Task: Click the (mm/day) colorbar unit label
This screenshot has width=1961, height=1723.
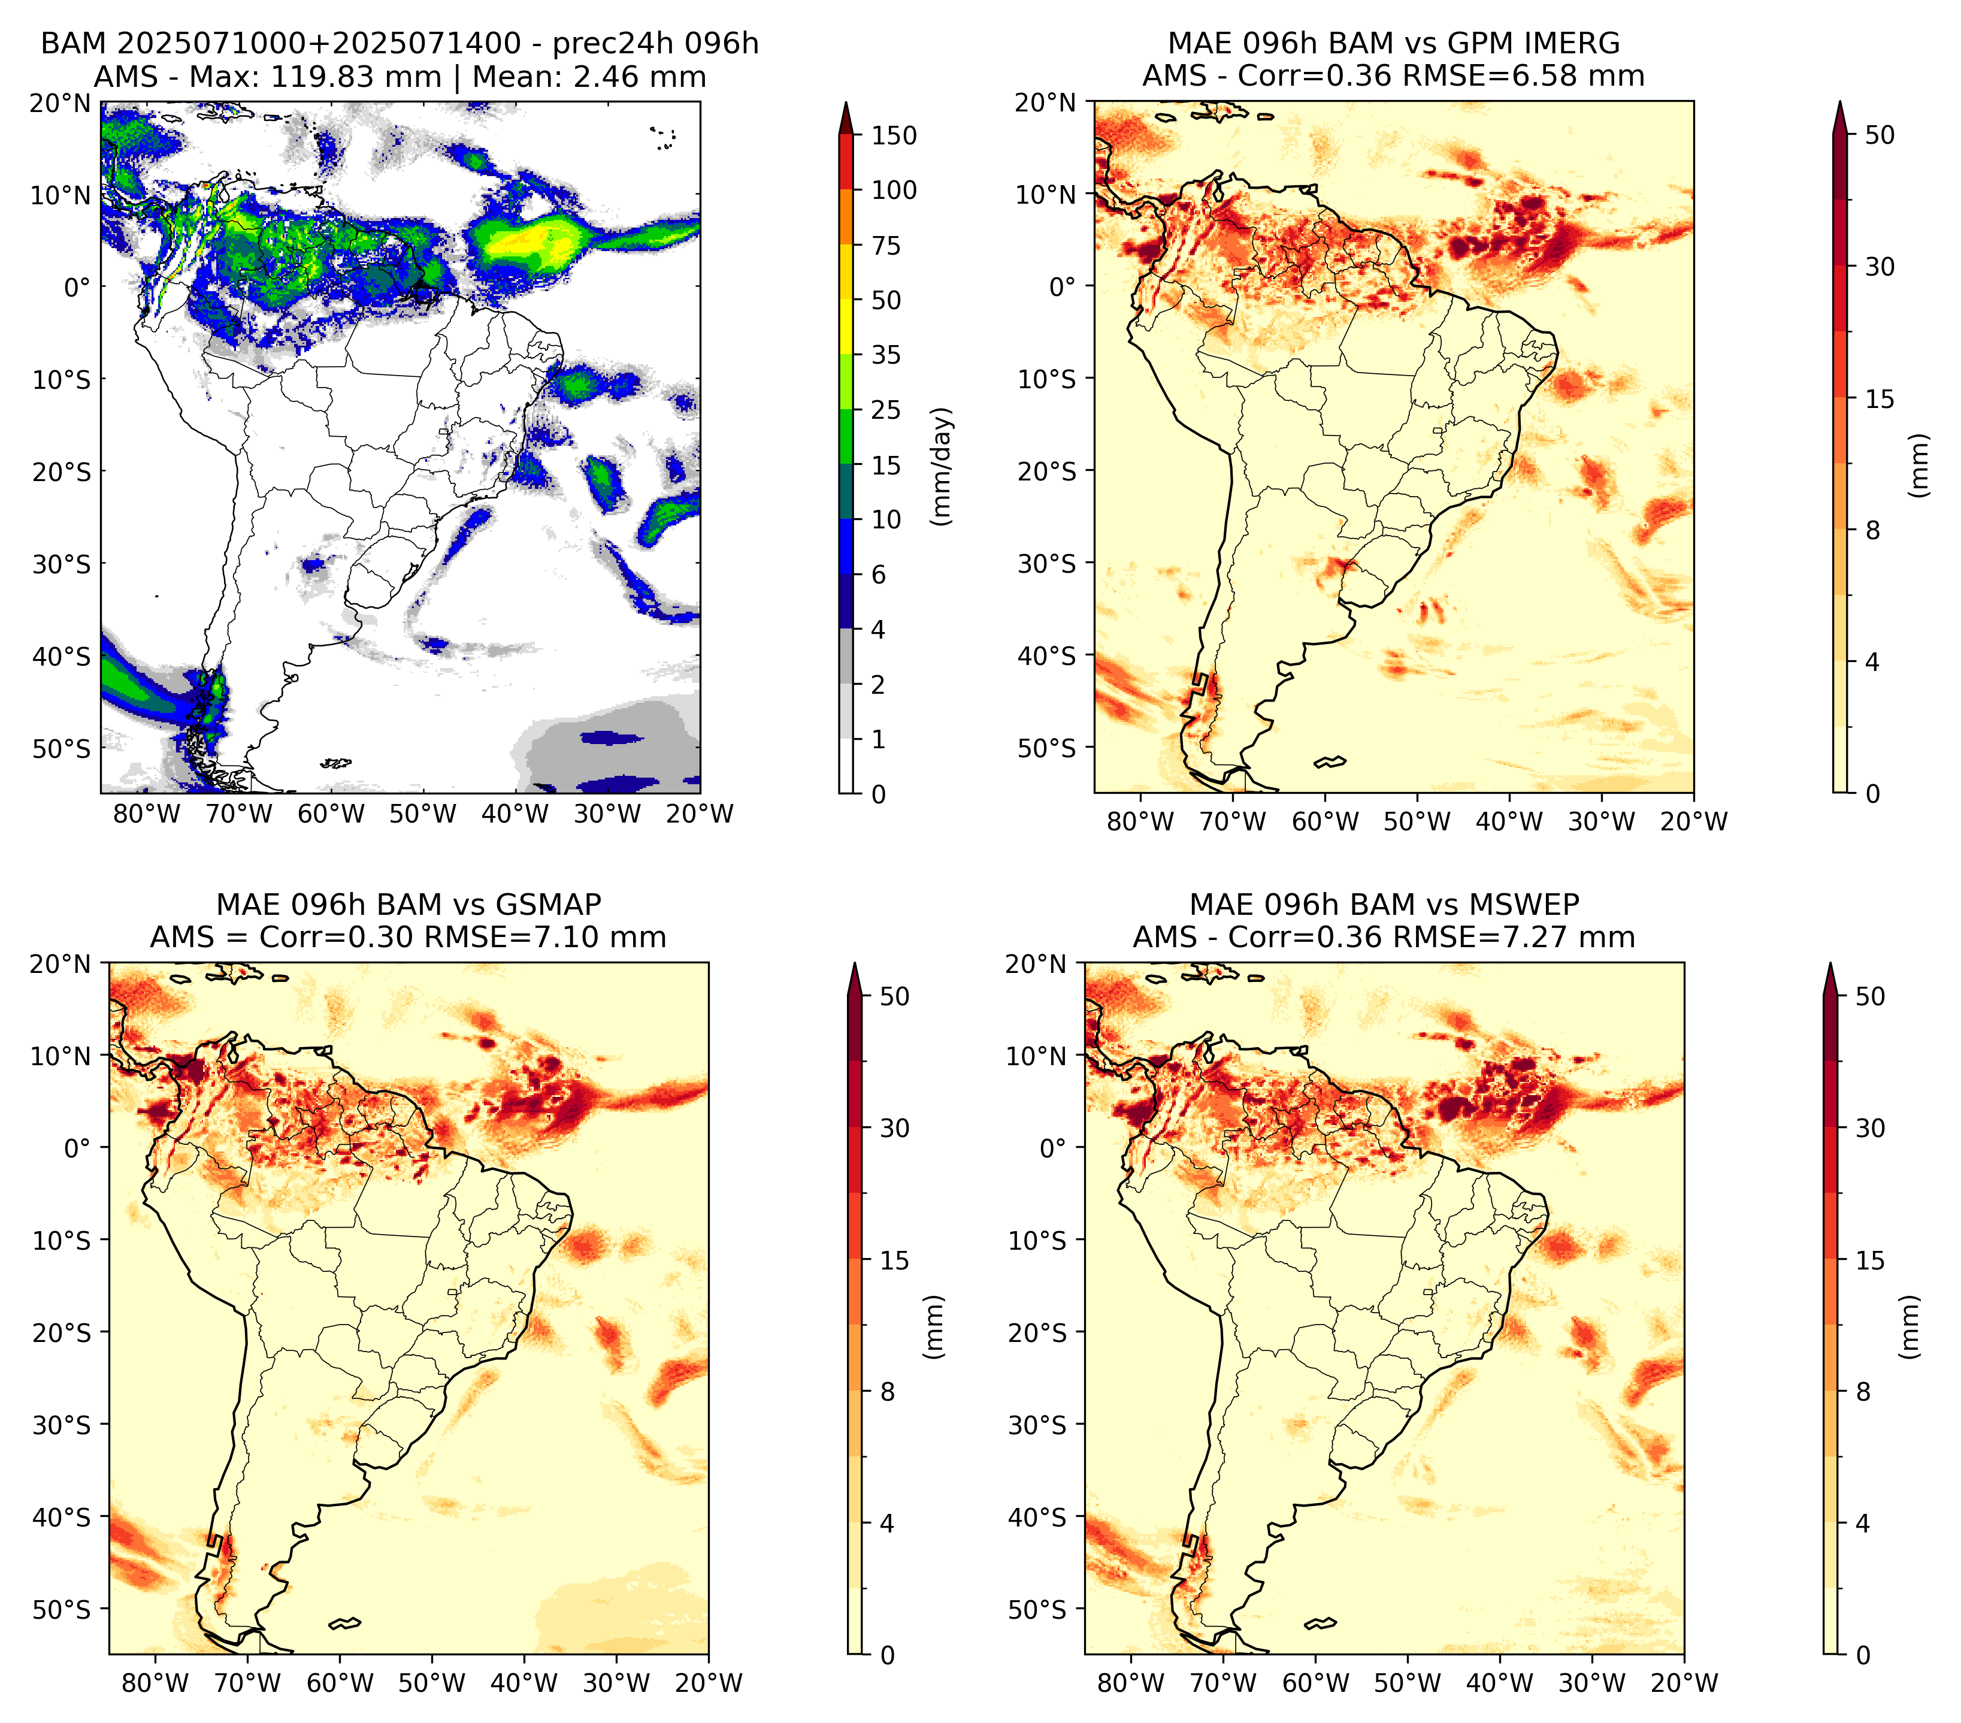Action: tap(943, 465)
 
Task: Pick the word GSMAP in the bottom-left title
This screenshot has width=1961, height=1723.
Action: tap(549, 905)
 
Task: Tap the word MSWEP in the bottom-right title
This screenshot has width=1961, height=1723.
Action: tap(1524, 905)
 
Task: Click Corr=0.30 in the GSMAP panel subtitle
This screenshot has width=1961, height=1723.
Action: tap(338, 938)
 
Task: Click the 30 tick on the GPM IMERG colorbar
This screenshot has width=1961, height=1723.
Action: tap(1880, 267)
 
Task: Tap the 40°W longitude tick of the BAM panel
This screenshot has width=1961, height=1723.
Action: tap(515, 814)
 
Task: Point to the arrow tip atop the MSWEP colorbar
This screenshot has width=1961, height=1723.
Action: tap(1830, 963)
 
